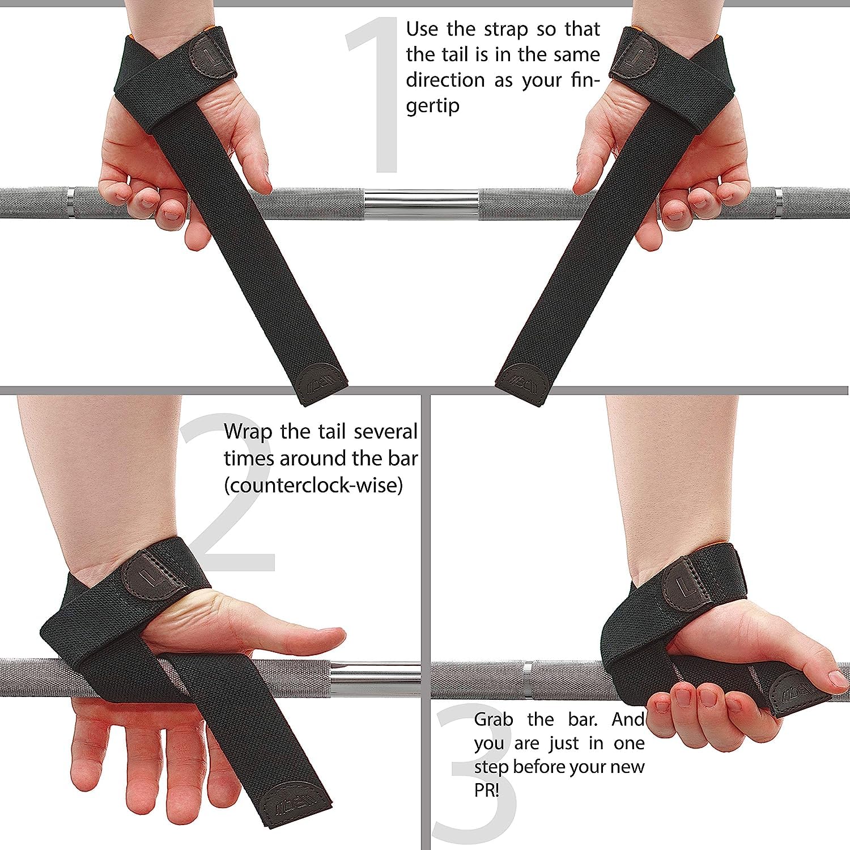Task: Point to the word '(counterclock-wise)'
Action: coord(313,485)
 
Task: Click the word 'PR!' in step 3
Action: coord(486,790)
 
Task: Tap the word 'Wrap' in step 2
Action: coord(247,432)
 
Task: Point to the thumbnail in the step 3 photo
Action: coord(838,678)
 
